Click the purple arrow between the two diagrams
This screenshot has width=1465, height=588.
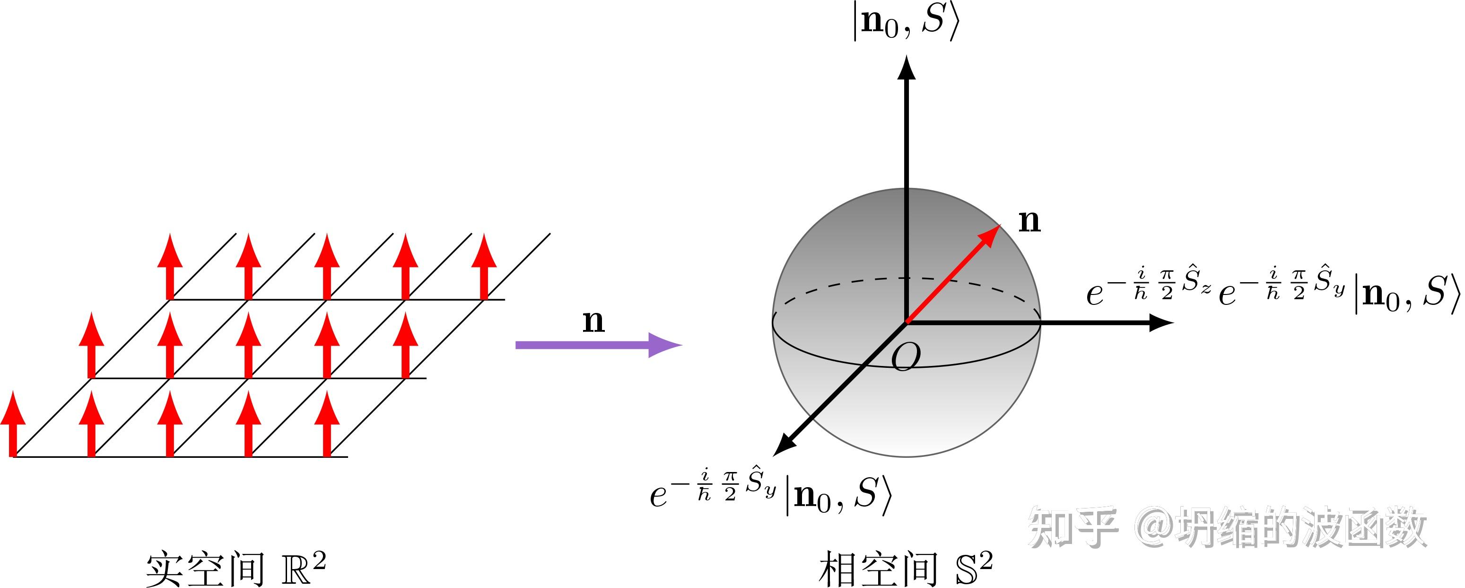click(597, 345)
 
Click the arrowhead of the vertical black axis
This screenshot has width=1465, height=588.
click(906, 67)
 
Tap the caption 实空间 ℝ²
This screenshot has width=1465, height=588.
click(235, 568)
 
